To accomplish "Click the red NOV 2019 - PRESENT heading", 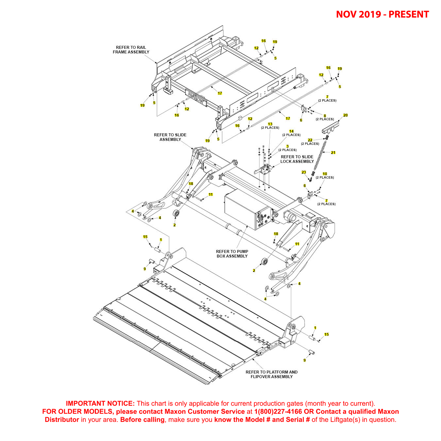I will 382,14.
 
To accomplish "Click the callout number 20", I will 345,115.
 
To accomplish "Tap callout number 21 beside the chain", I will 333,153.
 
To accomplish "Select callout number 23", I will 304,172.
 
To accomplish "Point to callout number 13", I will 270,124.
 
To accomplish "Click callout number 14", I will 291,131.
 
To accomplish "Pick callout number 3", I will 287,146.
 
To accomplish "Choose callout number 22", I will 310,140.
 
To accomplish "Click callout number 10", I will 325,174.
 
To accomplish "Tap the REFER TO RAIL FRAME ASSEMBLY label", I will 131,50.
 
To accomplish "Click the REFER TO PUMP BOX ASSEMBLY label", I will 232,254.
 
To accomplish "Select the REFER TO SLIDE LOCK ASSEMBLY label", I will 297,159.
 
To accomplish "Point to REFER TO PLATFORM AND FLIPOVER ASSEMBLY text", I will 272,374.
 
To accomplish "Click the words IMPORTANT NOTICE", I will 100,404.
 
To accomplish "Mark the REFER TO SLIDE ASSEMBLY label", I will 170,137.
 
